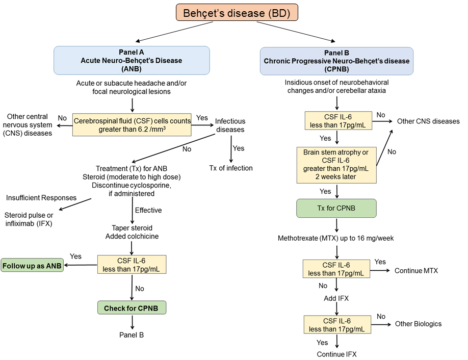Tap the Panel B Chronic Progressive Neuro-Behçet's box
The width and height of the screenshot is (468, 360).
336,61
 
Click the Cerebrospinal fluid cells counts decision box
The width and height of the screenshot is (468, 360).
132,125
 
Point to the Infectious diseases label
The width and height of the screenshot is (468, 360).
230,125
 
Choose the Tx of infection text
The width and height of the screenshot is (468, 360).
230,168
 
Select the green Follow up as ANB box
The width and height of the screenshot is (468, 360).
32,266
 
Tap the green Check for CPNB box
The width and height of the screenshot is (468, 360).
132,308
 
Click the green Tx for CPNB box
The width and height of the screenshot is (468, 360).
336,208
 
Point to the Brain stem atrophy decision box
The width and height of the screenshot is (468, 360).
336,165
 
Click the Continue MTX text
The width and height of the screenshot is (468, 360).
416,271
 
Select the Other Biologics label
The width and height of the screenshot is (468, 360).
418,324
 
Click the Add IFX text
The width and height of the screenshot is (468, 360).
336,298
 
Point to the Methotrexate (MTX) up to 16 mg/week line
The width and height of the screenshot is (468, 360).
336,238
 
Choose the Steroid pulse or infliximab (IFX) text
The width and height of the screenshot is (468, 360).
29,219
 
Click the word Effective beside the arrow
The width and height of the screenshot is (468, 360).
148,210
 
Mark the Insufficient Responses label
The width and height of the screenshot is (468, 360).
41,197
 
